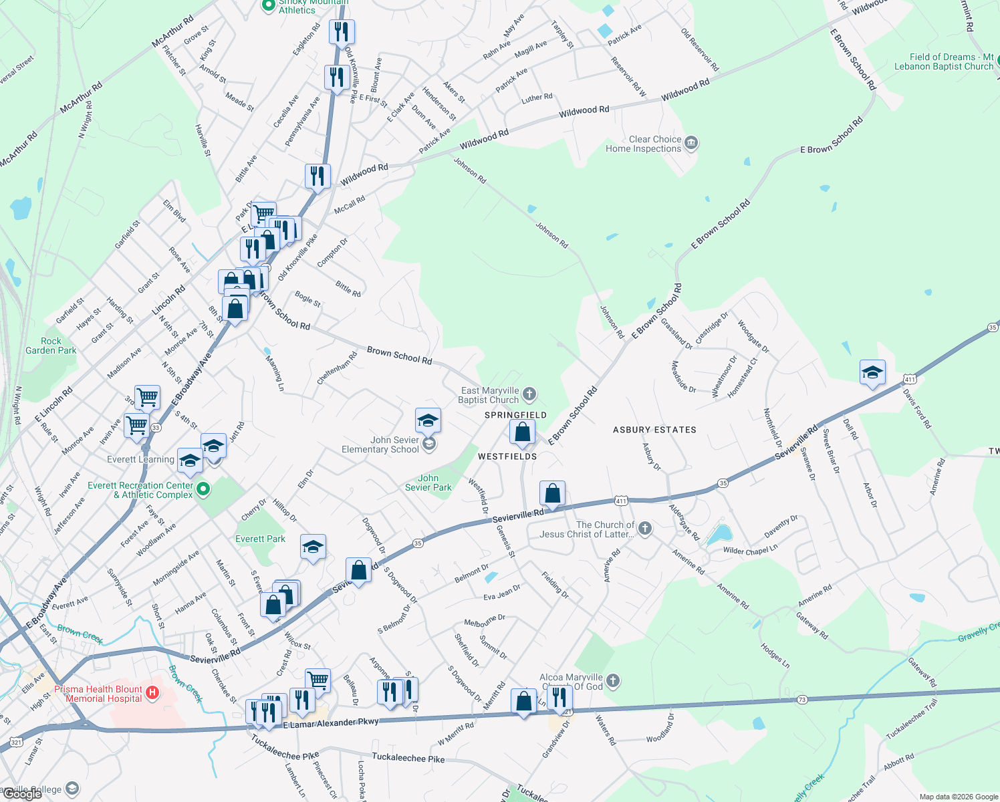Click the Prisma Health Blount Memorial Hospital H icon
(152, 692)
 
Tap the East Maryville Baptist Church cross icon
(529, 394)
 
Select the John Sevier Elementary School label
(380, 444)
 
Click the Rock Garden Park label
(51, 346)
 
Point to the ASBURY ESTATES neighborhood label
(654, 430)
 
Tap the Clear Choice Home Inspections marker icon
(692, 142)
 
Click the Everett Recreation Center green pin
(204, 490)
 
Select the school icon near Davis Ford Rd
(872, 373)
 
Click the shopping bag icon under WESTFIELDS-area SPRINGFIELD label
(523, 432)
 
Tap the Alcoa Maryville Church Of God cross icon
(613, 681)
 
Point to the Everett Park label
(260, 539)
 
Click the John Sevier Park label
(428, 483)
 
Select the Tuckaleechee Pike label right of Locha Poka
(408, 758)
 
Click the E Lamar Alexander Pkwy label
(331, 723)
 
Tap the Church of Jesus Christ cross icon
(644, 529)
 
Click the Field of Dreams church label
(944, 61)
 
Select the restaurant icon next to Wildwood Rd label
(318, 176)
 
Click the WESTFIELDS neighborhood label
(507, 456)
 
